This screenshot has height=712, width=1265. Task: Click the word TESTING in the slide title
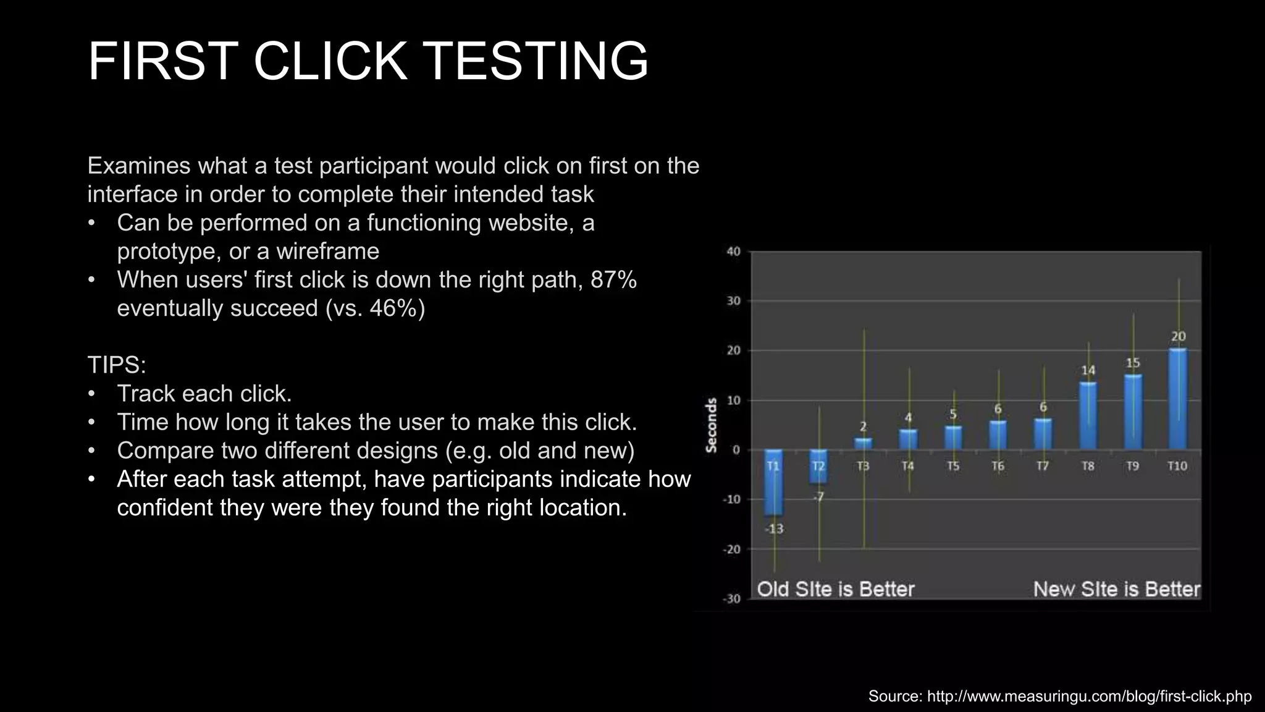536,61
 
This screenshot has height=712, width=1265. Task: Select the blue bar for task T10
1177,399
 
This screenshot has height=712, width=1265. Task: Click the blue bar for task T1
773,482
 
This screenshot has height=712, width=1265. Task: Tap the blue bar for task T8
1088,415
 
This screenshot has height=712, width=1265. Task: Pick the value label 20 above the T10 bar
1178,337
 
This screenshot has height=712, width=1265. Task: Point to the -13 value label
774,529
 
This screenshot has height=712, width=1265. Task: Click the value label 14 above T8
1088,370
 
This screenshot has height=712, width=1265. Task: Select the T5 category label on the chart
953,466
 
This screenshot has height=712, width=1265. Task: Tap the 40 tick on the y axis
733,252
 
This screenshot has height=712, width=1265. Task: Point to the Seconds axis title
712,425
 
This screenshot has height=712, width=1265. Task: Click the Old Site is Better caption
835,589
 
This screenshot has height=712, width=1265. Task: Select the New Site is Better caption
1116,589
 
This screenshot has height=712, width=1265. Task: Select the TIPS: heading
117,365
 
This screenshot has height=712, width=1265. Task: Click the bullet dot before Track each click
92,394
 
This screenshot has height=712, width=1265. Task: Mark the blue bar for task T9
1133,411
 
